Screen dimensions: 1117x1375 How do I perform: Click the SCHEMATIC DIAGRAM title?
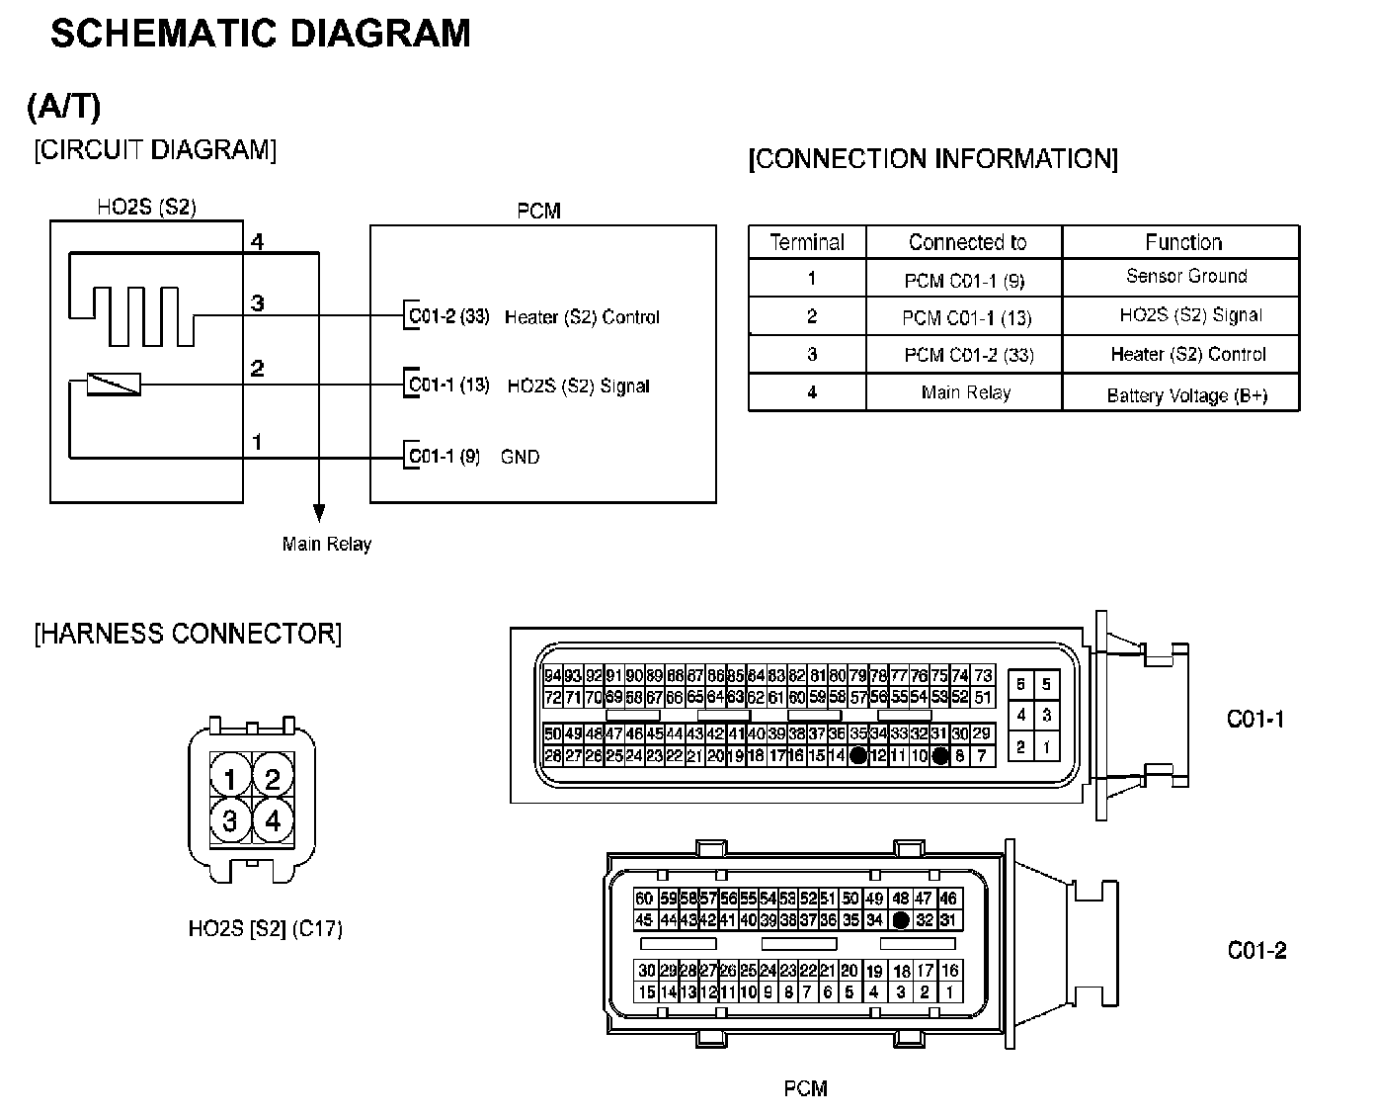click(261, 34)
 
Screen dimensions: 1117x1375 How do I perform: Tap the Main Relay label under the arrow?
click(327, 544)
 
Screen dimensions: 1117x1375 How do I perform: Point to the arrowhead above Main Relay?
click(318, 512)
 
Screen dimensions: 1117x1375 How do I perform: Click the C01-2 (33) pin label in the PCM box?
click(449, 316)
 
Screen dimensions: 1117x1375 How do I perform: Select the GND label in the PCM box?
click(521, 457)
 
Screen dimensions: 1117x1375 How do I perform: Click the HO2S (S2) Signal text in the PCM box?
click(578, 386)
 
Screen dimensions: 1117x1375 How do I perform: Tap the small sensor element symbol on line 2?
click(114, 385)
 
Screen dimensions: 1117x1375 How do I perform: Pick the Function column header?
click(1182, 242)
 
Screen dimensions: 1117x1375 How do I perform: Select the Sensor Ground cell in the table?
click(1186, 276)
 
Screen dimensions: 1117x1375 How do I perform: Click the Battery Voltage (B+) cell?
click(1186, 395)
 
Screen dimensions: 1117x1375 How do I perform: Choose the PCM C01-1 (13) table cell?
click(966, 317)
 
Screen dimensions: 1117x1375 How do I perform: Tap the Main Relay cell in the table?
click(966, 392)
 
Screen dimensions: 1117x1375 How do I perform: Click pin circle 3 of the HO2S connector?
click(230, 820)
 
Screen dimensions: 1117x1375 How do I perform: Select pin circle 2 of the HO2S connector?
click(273, 779)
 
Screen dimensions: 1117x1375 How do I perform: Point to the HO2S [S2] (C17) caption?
click(265, 929)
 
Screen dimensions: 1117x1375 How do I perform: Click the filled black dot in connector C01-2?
click(900, 920)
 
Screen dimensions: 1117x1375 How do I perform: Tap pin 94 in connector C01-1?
click(553, 676)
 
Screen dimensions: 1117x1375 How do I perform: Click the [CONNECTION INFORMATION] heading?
click(933, 159)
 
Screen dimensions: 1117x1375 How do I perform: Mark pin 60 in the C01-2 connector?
click(644, 899)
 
